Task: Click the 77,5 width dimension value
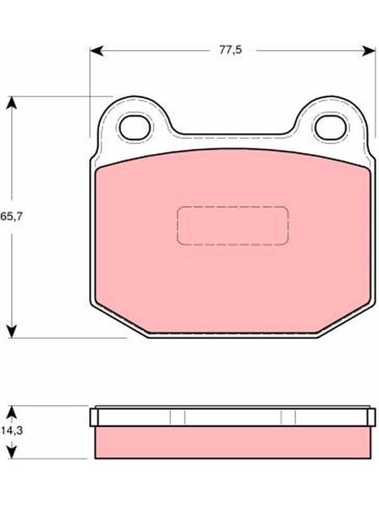click(x=231, y=50)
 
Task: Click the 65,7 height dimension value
click(x=11, y=217)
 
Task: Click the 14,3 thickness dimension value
click(x=11, y=431)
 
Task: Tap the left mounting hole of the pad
click(x=135, y=128)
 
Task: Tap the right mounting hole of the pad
click(x=330, y=128)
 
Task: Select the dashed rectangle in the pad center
click(x=232, y=225)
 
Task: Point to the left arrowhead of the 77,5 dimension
click(x=97, y=50)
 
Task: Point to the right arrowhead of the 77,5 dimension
click(x=369, y=50)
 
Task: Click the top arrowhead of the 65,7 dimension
click(x=11, y=103)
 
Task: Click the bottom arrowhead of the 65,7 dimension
click(x=11, y=331)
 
